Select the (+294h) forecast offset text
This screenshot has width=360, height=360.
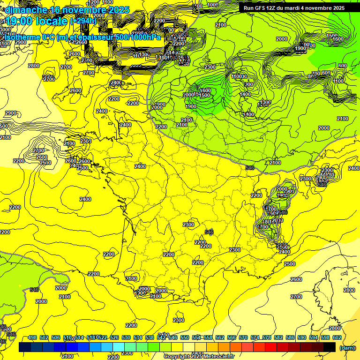[x=83, y=21]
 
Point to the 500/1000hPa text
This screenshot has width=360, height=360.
[x=139, y=37]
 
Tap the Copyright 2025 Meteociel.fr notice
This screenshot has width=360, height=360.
[x=199, y=356]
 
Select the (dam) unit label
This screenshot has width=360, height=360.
[x=347, y=347]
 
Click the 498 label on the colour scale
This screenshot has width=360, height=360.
[x=32, y=337]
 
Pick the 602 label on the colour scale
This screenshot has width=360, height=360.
[x=337, y=337]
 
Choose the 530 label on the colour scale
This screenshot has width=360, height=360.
[x=126, y=337]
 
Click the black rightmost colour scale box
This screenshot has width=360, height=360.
[x=330, y=347]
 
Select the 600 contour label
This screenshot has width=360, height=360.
[x=342, y=66]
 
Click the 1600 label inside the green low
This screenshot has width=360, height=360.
[x=205, y=91]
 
